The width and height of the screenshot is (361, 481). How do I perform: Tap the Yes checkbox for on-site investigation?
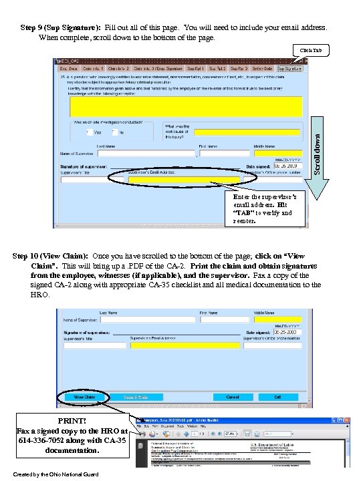[x=89, y=132]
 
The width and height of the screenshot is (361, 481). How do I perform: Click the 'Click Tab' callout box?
[x=310, y=51]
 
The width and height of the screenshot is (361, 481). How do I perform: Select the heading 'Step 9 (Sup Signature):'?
[x=62, y=28]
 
